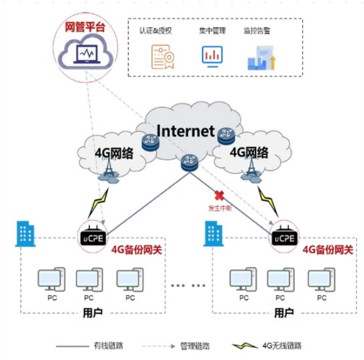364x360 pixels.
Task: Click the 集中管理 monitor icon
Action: point(212,55)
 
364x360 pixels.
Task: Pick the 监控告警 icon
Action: point(261,56)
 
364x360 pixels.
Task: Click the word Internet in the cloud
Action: point(185,131)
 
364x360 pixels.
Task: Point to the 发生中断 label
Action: point(220,208)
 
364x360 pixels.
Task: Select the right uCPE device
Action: point(283,234)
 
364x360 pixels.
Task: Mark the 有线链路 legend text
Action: point(109,346)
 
